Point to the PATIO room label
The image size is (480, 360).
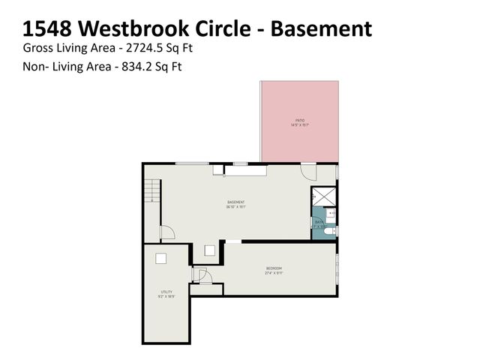pos(299,120)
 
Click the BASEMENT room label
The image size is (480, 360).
pos(236,202)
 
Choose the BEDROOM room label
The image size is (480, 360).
pos(274,268)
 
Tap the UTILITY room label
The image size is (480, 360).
pos(166,292)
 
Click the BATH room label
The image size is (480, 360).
pos(319,222)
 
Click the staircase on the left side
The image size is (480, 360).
pos(152,191)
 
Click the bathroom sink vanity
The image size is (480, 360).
pos(331,214)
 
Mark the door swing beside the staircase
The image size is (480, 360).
pos(167,232)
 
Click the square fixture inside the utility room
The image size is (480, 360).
pos(160,259)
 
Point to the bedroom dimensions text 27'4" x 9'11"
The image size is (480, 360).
pos(274,273)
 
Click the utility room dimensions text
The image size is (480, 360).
pos(166,297)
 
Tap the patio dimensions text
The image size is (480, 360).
pos(299,125)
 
